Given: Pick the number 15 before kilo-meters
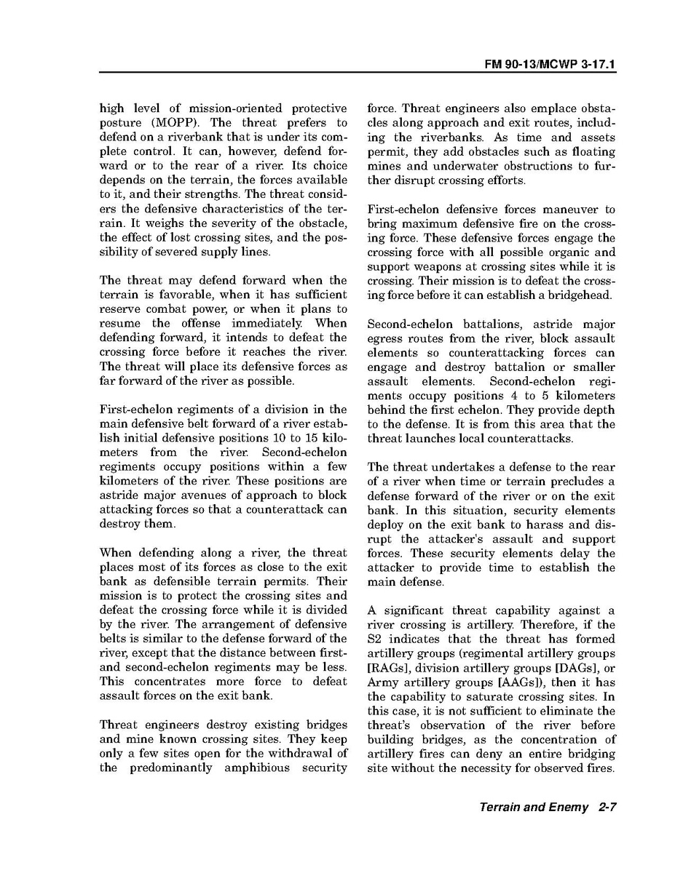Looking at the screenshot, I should click(307, 438).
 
